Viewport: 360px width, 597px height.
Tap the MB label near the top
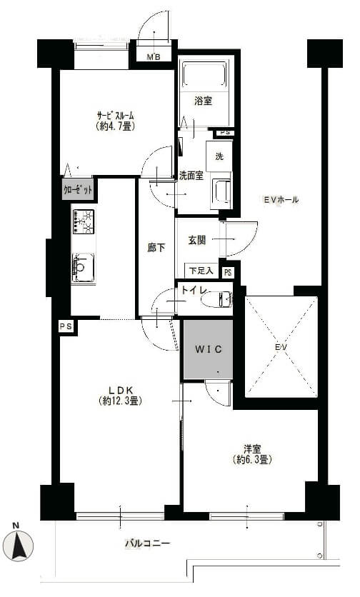[154, 58]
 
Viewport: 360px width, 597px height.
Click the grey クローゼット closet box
[78, 190]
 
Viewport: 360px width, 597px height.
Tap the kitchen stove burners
[83, 221]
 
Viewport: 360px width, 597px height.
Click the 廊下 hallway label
[156, 248]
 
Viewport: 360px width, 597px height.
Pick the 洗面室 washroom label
[191, 176]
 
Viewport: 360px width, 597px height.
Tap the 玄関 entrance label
[197, 241]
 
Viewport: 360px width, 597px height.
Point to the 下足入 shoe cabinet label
[200, 271]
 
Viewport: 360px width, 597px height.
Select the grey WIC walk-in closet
[207, 349]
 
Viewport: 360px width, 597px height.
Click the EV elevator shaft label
[280, 348]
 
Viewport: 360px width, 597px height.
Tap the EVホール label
[281, 199]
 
